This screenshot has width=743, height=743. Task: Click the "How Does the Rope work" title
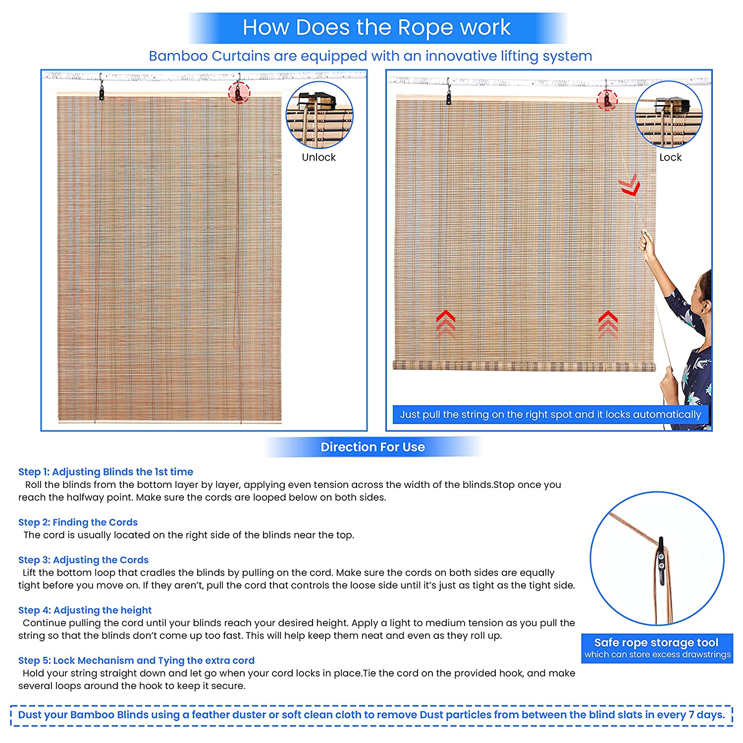(x=376, y=27)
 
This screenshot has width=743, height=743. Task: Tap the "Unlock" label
(x=318, y=157)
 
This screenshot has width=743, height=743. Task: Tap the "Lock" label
(x=670, y=157)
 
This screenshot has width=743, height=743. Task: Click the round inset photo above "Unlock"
(x=319, y=115)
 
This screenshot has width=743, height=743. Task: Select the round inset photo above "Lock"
(x=669, y=114)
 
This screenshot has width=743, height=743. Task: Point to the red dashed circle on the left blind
(x=239, y=92)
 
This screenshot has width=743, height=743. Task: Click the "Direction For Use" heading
(x=372, y=447)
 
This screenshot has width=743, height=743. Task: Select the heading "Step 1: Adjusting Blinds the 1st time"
(x=106, y=472)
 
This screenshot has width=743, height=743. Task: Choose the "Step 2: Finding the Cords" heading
(x=78, y=522)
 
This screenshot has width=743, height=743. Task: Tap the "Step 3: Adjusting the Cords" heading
(x=83, y=560)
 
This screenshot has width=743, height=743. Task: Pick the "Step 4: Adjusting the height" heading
(x=85, y=610)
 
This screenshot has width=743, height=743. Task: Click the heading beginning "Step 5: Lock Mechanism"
(x=136, y=660)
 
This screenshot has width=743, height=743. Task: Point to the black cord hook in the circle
(x=660, y=562)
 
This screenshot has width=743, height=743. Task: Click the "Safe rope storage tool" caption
(x=656, y=642)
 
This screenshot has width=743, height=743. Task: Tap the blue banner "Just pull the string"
(x=550, y=415)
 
